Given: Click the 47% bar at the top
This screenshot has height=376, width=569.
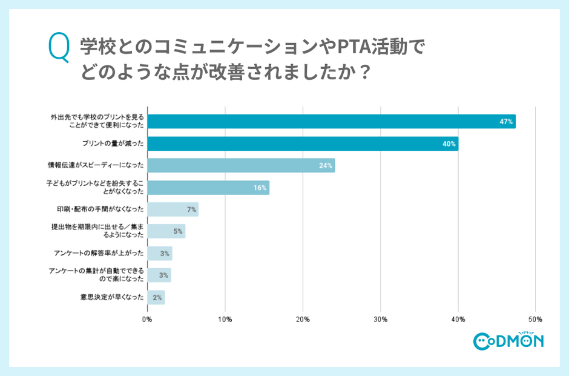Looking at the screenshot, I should coord(331,121).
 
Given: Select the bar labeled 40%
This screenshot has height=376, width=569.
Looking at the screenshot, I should coord(303,143).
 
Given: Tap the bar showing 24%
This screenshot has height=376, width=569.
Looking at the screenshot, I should coord(241,165).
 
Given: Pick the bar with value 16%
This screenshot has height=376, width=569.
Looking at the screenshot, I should coord(208,188).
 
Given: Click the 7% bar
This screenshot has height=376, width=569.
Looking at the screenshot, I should coord(173,209).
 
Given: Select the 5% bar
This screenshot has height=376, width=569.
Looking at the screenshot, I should coord(166,231).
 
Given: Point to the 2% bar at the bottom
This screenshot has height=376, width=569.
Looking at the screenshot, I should coord(156,297).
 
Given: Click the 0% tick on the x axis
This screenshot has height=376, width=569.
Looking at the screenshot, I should coord(147,318).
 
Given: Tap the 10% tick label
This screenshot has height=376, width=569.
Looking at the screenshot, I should coord(225,318).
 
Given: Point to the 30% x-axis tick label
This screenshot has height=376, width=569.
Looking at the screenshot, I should coord(380,318).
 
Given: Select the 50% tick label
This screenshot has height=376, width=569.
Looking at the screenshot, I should coord(535,318).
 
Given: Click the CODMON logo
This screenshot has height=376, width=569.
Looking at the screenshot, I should coord(508,341).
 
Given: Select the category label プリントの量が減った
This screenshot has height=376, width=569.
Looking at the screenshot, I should coord(113,143).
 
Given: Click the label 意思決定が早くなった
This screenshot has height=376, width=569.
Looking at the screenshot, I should coord(112,297).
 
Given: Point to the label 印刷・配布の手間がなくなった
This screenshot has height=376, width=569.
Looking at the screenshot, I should coord(99,209).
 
